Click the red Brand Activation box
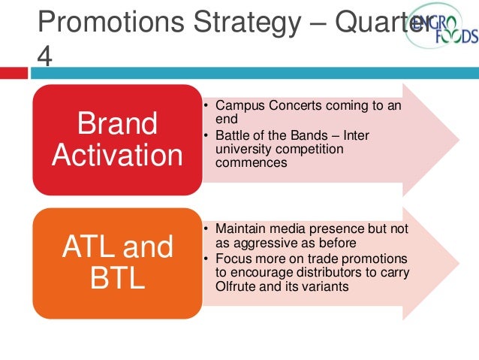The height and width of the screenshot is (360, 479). tap(116, 139)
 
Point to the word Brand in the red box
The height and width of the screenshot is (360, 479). tap(116, 124)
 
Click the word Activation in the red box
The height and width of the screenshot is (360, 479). tap(116, 156)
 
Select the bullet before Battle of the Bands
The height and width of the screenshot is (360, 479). tap(206, 135)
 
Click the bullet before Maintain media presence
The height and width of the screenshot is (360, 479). tap(206, 228)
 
